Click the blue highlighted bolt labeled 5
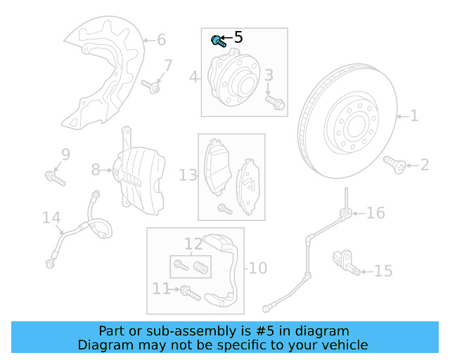(x=217, y=41)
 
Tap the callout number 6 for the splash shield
(x=161, y=39)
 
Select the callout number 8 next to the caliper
(x=96, y=169)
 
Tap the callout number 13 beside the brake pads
(x=188, y=174)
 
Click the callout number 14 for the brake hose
(x=51, y=218)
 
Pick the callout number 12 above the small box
(x=193, y=244)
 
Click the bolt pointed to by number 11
(x=190, y=292)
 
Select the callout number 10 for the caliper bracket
(x=257, y=268)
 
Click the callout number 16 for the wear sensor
(x=375, y=212)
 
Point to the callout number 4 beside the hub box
(x=194, y=76)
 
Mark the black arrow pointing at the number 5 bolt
(x=226, y=39)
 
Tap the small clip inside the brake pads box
(x=224, y=208)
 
